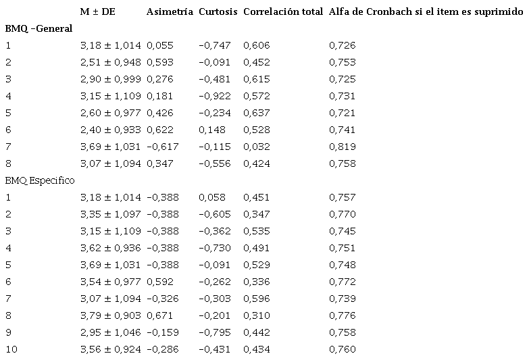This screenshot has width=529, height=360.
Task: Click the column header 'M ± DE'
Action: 97,12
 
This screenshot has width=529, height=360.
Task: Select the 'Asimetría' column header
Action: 170,12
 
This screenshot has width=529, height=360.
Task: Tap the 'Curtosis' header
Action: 218,12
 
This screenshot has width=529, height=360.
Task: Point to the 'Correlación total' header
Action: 282,12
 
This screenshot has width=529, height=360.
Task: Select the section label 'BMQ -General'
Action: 39,28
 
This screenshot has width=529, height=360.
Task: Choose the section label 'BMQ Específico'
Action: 40,180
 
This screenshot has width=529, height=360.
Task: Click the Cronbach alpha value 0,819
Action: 342,147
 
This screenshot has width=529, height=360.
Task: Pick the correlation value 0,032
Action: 256,147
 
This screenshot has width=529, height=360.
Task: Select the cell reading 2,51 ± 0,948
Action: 110,62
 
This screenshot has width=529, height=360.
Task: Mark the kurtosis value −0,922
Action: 215,96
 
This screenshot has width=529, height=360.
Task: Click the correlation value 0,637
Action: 256,113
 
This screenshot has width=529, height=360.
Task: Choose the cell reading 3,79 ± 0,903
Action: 110,315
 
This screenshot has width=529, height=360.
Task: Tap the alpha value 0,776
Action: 342,315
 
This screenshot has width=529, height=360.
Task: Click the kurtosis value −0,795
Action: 215,332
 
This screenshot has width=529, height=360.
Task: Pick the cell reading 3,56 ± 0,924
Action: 110,349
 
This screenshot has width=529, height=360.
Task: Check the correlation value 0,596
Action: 256,299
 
